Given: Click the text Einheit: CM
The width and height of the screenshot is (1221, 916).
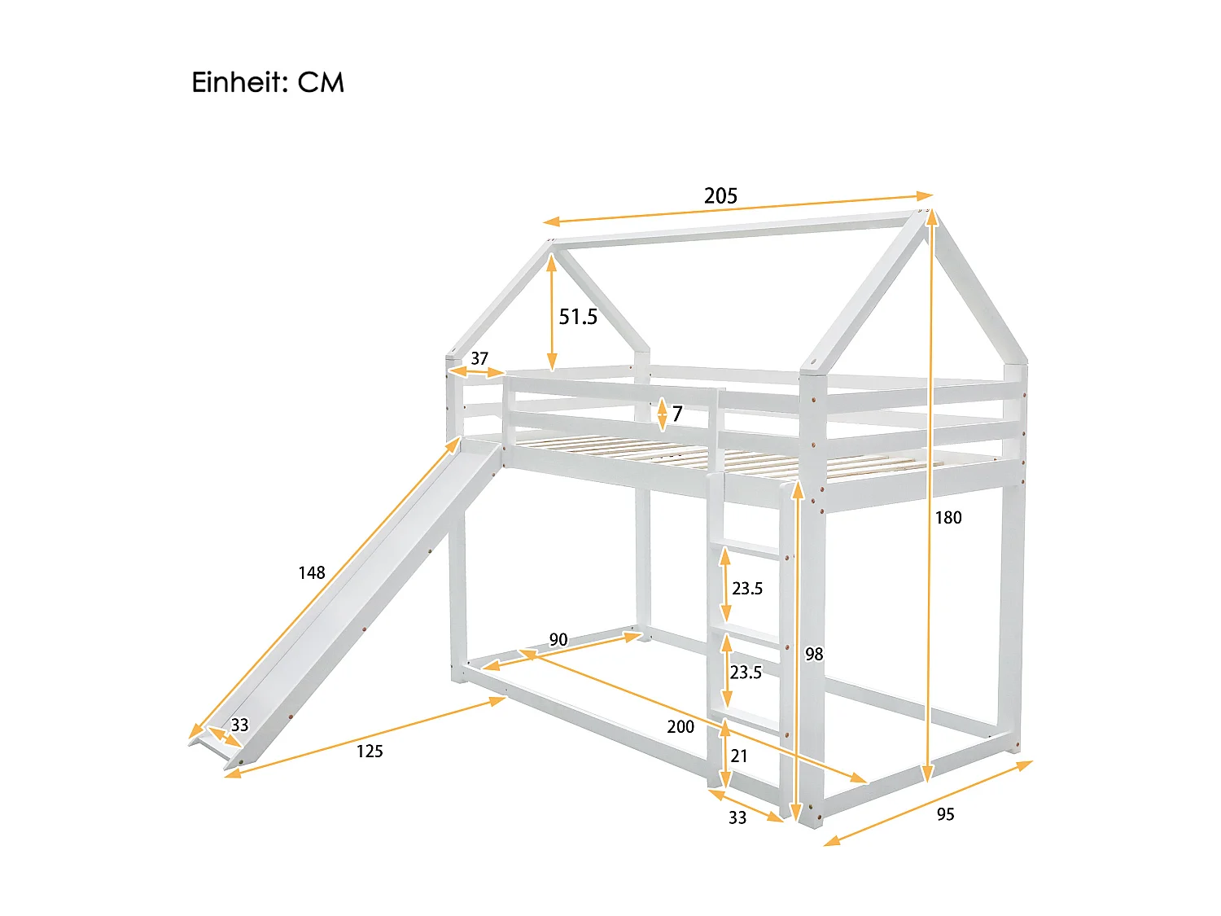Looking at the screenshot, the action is tap(268, 83).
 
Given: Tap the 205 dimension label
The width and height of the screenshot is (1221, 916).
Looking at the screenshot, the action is tap(720, 196).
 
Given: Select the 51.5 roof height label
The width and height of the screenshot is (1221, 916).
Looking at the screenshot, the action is tap(578, 317).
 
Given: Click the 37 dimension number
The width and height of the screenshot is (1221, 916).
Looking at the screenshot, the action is tap(479, 358).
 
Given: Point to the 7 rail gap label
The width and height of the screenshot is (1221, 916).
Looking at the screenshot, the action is tap(677, 414).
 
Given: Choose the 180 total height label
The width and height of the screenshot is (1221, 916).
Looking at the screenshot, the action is tap(947, 518).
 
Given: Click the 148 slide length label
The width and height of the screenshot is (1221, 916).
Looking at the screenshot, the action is tap(312, 573).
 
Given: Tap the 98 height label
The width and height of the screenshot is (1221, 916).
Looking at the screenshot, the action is tap(814, 654).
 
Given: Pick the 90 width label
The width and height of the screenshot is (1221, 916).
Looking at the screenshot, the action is tap(558, 640).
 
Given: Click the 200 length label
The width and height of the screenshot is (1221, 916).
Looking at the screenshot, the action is tap(681, 726).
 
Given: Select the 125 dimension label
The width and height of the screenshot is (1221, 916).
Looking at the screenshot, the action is tap(370, 752).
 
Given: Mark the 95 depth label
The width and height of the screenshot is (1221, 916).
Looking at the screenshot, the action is tap(945, 814).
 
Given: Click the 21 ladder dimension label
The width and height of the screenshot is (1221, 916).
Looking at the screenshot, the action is tap(739, 756).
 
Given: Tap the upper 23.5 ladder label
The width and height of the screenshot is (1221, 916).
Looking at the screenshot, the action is tap(747, 589).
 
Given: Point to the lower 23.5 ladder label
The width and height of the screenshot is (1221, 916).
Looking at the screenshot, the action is tap(746, 673).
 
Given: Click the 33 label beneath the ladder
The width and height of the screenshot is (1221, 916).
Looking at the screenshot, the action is tap(737, 817).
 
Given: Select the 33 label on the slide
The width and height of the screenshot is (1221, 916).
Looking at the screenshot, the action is tap(239, 725).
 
